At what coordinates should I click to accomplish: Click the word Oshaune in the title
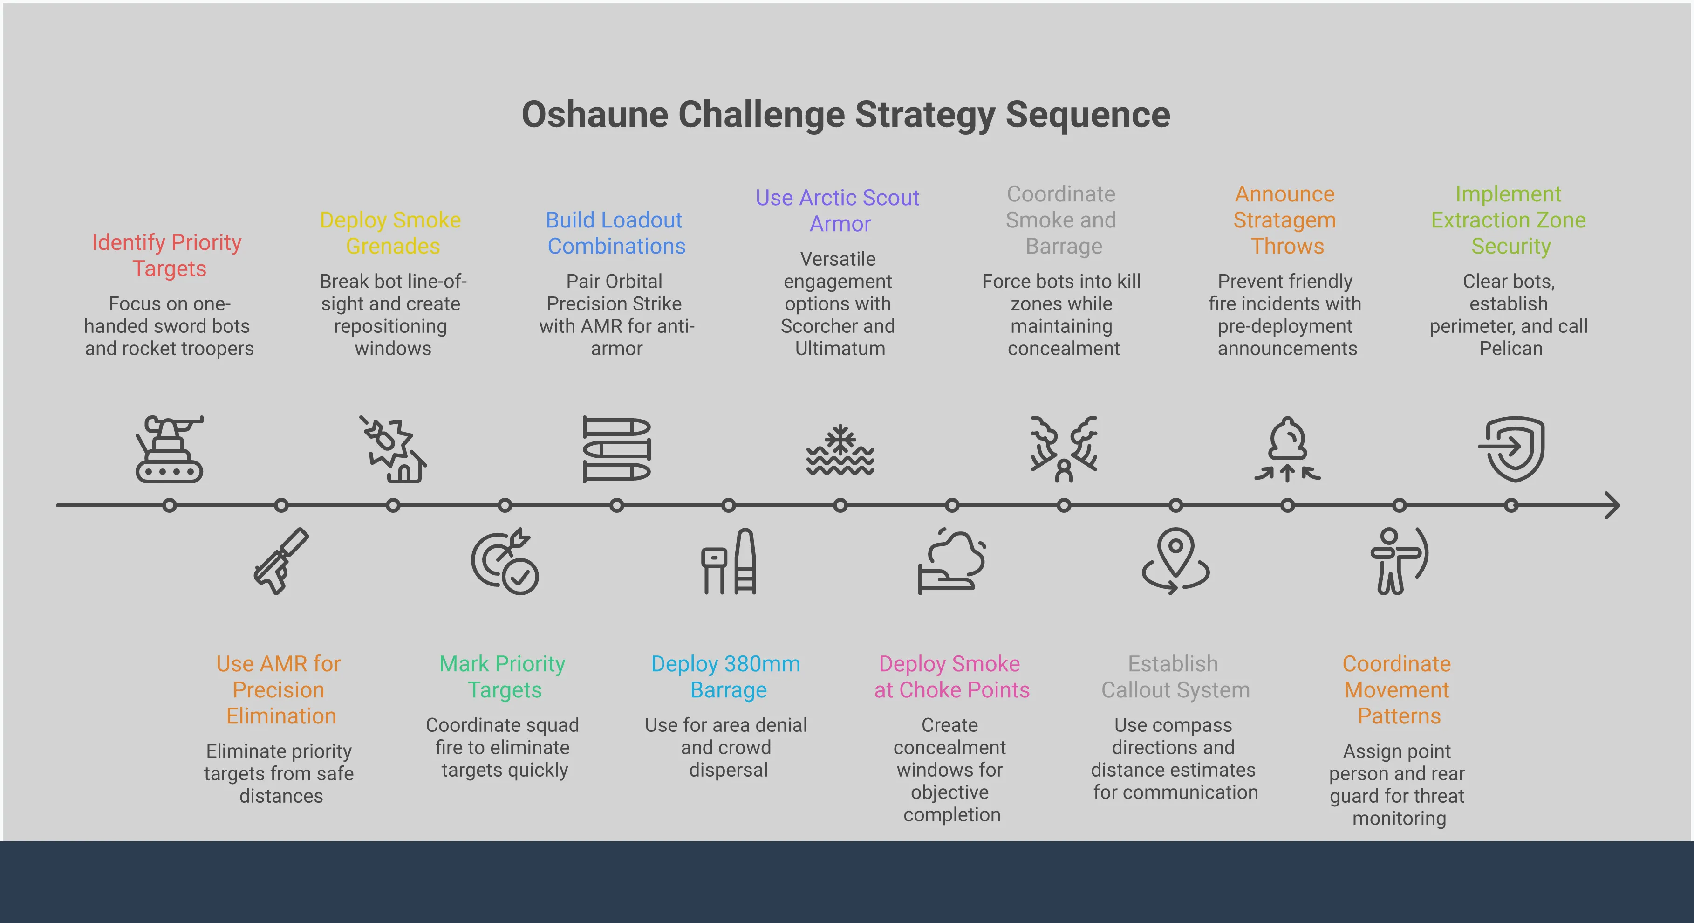[x=594, y=115]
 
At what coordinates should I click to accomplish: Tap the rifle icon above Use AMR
[x=281, y=561]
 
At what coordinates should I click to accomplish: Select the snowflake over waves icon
[x=840, y=450]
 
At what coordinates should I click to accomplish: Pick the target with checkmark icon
[x=505, y=561]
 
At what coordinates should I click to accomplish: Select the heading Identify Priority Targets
[x=167, y=255]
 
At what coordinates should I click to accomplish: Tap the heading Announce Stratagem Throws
[x=1285, y=220]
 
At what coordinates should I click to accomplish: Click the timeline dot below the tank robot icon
[x=170, y=505]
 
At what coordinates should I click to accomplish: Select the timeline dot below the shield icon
[x=1511, y=505]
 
